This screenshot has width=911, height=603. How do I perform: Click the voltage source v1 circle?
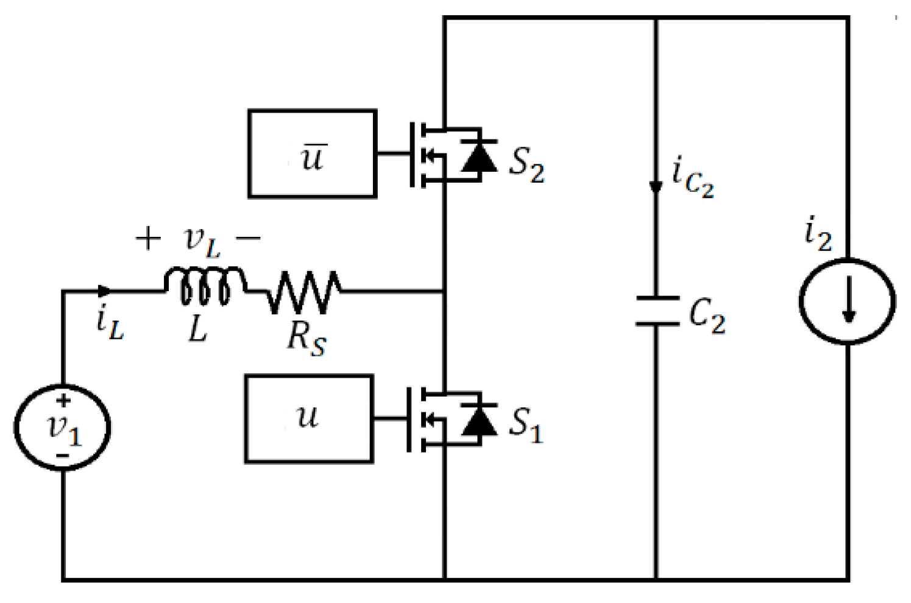pyautogui.click(x=63, y=427)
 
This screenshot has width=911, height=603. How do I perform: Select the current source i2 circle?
pyautogui.click(x=848, y=301)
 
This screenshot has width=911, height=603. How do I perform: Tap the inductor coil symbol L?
pyautogui.click(x=204, y=286)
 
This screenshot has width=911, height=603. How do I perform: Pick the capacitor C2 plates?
pyautogui.click(x=656, y=311)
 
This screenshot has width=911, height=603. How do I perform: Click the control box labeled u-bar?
pyautogui.click(x=312, y=154)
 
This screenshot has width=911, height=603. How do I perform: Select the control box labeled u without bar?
pyautogui.click(x=309, y=419)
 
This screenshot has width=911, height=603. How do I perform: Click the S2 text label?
pyautogui.click(x=526, y=164)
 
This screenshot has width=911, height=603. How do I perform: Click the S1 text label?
pyautogui.click(x=525, y=425)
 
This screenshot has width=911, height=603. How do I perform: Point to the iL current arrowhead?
pyautogui.click(x=104, y=292)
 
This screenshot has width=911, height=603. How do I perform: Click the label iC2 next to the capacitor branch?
pyautogui.click(x=692, y=177)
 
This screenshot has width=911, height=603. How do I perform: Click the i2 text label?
pyautogui.click(x=818, y=234)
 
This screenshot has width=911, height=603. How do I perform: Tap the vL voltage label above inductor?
pyautogui.click(x=202, y=241)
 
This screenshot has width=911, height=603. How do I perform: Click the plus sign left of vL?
pyautogui.click(x=148, y=238)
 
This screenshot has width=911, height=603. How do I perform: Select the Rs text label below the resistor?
pyautogui.click(x=306, y=337)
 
